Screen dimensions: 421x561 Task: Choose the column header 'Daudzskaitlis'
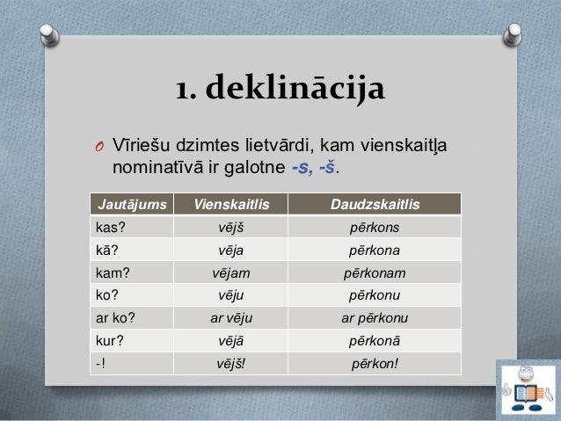(374, 205)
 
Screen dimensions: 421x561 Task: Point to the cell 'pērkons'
(374, 228)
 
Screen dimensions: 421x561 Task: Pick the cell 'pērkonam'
(374, 273)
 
